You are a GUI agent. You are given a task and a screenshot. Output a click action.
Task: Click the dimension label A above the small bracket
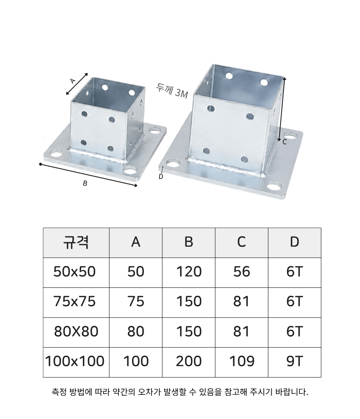click(73, 81)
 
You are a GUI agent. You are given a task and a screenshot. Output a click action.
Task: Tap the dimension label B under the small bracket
click(85, 184)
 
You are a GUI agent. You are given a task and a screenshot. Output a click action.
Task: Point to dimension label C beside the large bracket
click(284, 142)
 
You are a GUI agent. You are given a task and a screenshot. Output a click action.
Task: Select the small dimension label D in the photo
click(161, 177)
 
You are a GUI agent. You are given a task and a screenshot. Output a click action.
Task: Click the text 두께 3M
click(172, 91)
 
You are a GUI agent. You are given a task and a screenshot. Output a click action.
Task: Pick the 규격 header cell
click(76, 242)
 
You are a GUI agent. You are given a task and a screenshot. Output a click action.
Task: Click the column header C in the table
click(242, 242)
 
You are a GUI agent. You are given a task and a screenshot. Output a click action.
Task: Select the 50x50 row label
click(75, 272)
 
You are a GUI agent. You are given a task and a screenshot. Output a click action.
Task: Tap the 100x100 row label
click(75, 361)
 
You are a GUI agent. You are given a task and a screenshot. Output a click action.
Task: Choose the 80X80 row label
click(76, 331)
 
